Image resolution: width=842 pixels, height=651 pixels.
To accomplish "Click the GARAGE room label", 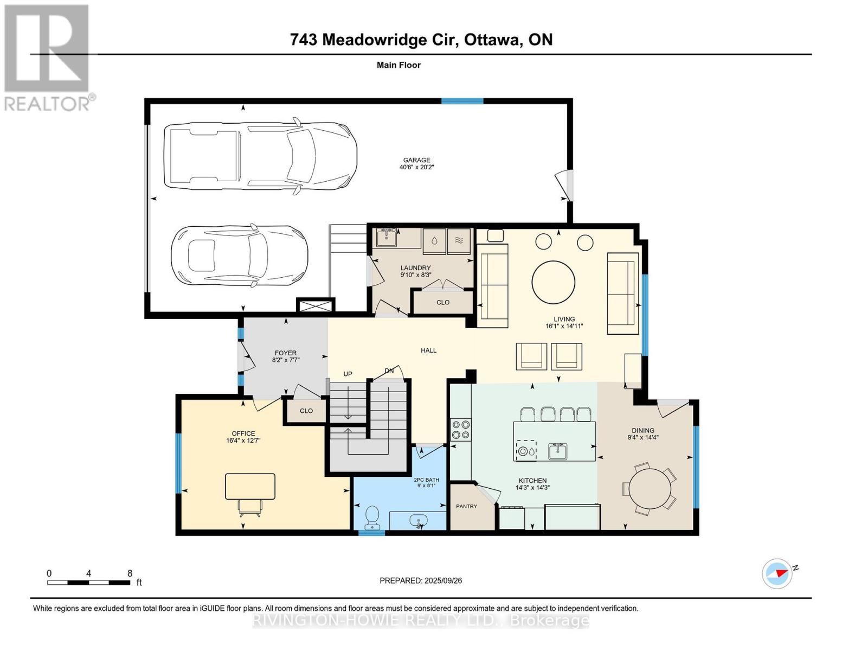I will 416,160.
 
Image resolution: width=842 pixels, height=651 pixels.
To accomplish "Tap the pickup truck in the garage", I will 260,156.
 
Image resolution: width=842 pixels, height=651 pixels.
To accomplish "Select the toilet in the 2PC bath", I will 372,517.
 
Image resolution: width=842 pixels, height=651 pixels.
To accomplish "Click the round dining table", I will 650,488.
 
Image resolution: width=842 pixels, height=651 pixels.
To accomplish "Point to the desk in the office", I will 250,486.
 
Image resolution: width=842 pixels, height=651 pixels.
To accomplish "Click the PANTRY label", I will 466,506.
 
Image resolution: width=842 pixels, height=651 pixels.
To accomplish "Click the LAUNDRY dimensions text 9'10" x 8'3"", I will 415,275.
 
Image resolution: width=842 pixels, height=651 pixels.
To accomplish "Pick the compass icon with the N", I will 777,573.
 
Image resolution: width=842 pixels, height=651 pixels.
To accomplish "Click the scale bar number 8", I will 130,573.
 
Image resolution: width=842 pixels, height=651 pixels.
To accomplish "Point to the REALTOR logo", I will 47,57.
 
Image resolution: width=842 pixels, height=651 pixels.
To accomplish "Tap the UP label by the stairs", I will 348,374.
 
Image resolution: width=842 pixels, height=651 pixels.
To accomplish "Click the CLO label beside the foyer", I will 306,411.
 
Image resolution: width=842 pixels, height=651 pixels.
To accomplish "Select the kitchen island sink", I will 557,450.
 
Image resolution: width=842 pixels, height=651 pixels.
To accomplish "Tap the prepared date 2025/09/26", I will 443,580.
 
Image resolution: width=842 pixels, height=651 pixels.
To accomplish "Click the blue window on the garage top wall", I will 462,101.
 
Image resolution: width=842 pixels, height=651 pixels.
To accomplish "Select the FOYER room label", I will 285,353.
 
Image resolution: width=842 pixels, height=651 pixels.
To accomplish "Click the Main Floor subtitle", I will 398,65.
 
